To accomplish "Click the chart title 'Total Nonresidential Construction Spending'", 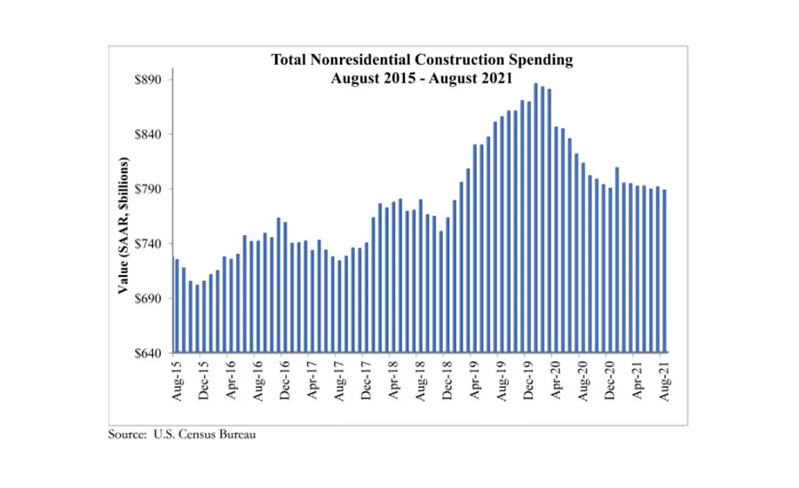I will pos(422,60).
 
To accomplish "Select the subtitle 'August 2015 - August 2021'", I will pos(422,77).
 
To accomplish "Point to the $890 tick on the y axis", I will pos(147,80).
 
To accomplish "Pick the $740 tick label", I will pos(147,244).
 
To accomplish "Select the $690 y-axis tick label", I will pos(147,299).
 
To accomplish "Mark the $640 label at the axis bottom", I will pos(147,354).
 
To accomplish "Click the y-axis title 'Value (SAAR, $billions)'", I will pos(124,227).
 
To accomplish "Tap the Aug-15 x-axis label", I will pos(176,380).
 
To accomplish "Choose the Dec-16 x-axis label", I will pos(284,380).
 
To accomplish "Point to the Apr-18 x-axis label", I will pos(392,380).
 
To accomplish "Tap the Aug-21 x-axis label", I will pos(663,380).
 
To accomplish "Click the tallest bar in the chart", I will pos(535,218).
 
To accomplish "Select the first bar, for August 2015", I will pos(177,306).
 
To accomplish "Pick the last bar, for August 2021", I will pos(664,272).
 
